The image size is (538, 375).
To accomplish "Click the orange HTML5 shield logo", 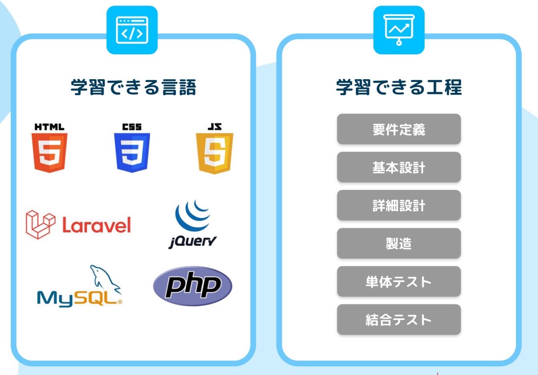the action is click(50, 153).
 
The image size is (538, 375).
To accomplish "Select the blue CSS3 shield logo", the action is click(132, 153).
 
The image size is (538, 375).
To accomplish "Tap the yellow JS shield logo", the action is click(215, 153).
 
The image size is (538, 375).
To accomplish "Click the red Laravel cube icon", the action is click(40, 225).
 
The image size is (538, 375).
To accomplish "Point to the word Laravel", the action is click(96, 225).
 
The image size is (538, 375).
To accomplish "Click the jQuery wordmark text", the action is click(193, 242).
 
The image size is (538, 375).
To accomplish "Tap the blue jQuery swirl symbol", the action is click(193, 215).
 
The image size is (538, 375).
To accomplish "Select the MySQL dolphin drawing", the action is click(105, 279).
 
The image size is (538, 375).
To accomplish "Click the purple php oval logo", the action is click(193, 286).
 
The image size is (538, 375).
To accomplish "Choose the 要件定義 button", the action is click(399, 129).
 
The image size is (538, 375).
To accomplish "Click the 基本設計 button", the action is click(399, 167).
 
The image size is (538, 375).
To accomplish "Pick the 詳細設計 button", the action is click(399, 205).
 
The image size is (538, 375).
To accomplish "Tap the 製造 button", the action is click(399, 243).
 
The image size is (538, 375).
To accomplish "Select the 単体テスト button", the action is click(399, 281).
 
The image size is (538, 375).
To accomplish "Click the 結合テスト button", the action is click(399, 319).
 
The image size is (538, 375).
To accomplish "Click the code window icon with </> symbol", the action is click(132, 30).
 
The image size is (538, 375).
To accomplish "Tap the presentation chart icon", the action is click(399, 30).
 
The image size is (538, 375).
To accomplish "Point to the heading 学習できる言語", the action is click(133, 87).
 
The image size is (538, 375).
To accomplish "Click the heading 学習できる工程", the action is click(399, 87).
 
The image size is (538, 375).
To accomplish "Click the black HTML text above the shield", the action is click(50, 127).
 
